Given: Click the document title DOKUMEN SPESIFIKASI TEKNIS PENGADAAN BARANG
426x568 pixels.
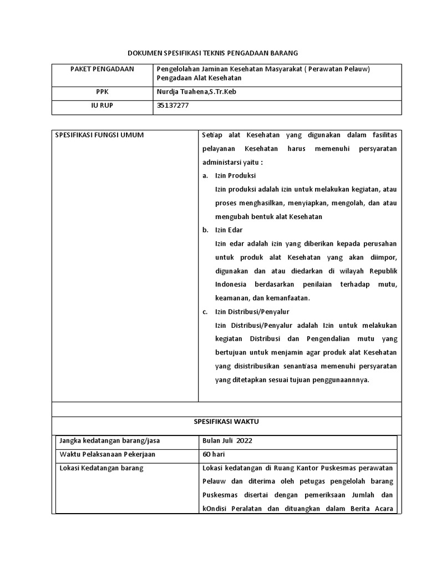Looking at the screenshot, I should tap(213, 53).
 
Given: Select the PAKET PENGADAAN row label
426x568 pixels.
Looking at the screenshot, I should tap(102, 69).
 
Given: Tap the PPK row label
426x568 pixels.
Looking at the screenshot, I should tap(102, 93).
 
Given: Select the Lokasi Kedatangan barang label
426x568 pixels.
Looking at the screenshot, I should tap(101, 468).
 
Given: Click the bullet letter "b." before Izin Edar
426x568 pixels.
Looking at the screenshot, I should tap(205, 230).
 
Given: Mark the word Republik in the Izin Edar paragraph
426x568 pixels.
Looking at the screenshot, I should tap(383, 271).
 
